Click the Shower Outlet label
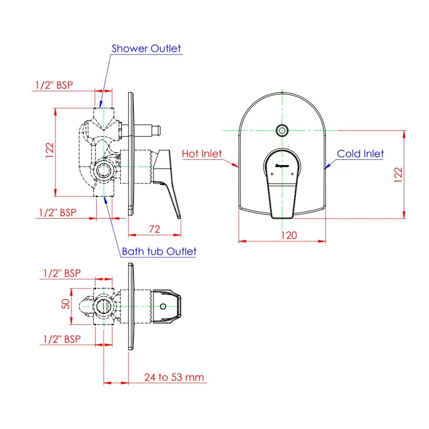click(x=146, y=49)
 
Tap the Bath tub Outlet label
click(x=159, y=252)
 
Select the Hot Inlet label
click(x=202, y=154)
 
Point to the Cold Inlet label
click(x=360, y=154)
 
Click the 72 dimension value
click(x=154, y=229)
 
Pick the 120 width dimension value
click(x=289, y=235)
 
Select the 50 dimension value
click(x=65, y=304)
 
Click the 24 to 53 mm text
click(x=174, y=377)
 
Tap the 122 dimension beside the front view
click(x=398, y=175)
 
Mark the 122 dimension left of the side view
click(x=50, y=150)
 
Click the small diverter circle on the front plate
click(x=282, y=130)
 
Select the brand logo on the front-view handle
click(x=282, y=166)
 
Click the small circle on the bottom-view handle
click(x=163, y=306)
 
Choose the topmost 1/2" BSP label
click(x=54, y=85)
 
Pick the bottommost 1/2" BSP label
click(x=62, y=339)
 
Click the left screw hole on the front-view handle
click(x=272, y=174)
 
